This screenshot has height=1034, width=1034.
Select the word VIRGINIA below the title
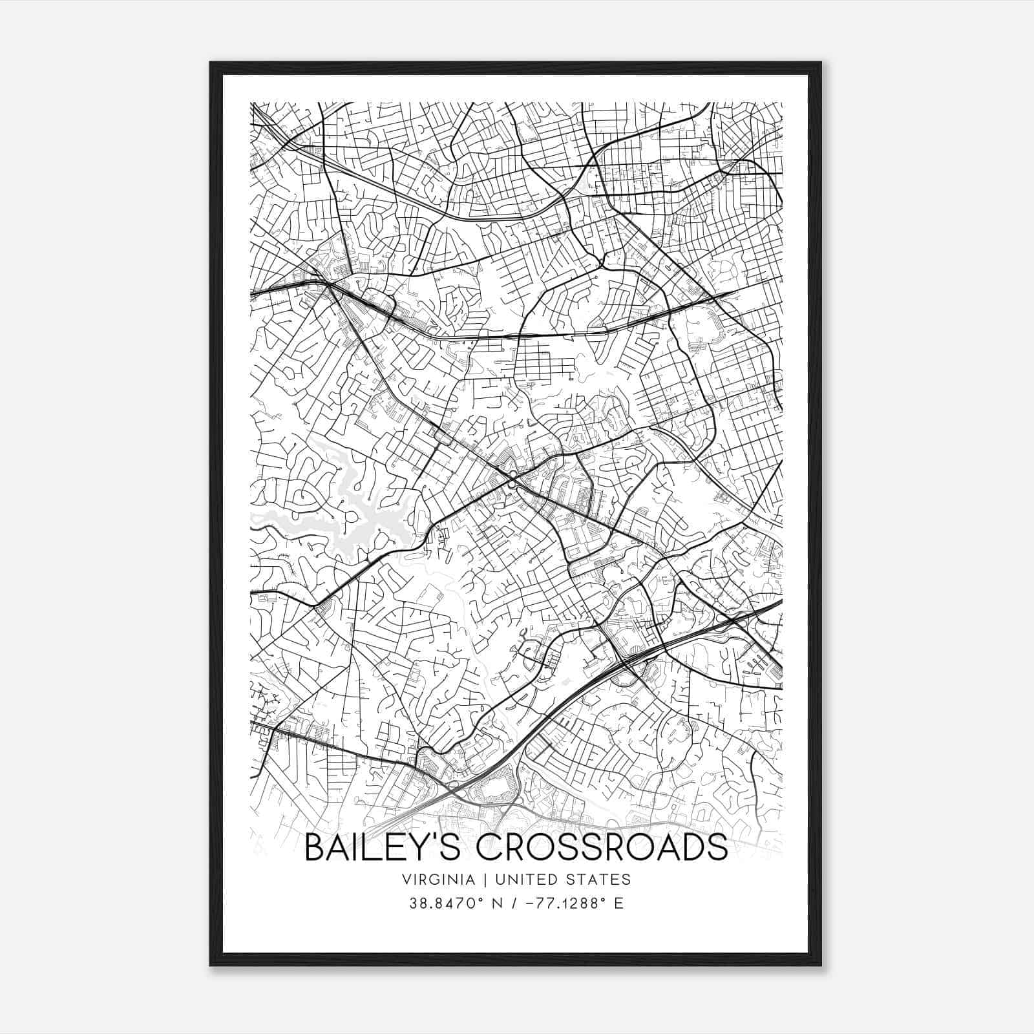[438, 880]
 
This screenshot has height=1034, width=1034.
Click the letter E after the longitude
[619, 903]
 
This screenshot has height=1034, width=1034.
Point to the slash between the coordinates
[514, 903]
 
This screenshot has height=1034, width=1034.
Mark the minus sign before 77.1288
[530, 903]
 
